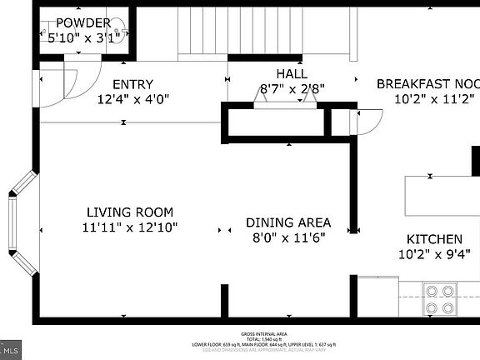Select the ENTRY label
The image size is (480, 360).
click(x=132, y=84)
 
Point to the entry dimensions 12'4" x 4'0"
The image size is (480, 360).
click(x=132, y=99)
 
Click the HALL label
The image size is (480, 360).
click(x=292, y=73)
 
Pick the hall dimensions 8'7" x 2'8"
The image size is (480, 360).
click(x=292, y=87)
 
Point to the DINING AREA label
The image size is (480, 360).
click(x=287, y=222)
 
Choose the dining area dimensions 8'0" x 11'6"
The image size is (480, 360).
click(x=287, y=237)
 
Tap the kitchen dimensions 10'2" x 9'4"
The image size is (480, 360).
click(x=434, y=254)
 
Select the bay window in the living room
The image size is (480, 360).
click(x=21, y=222)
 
